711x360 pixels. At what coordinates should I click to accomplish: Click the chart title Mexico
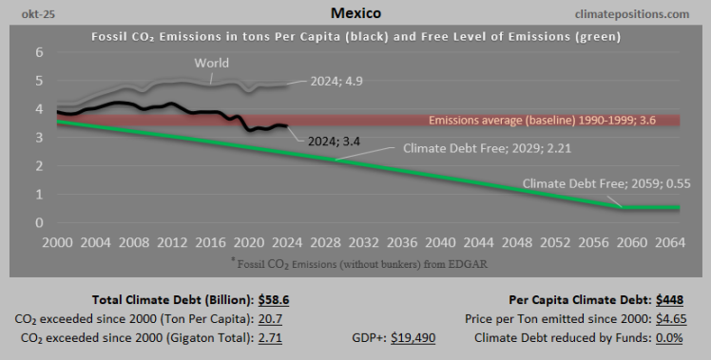355,13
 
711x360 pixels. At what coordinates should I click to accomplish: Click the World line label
211,64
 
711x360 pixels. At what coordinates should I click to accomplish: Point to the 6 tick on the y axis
40,52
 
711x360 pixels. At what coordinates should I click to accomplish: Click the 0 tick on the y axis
40,223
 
